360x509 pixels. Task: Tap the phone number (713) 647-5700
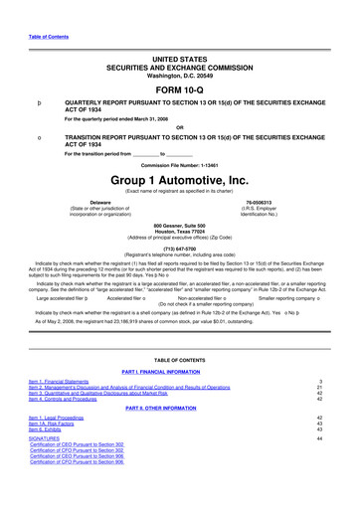(x=180, y=250)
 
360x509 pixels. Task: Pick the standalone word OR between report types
(x=180, y=126)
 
